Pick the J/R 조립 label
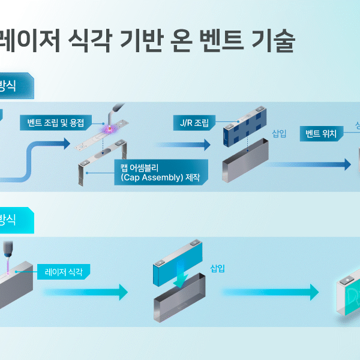[191, 124]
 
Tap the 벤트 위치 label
[321, 133]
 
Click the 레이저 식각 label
[63, 271]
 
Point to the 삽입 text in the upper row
[280, 133]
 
